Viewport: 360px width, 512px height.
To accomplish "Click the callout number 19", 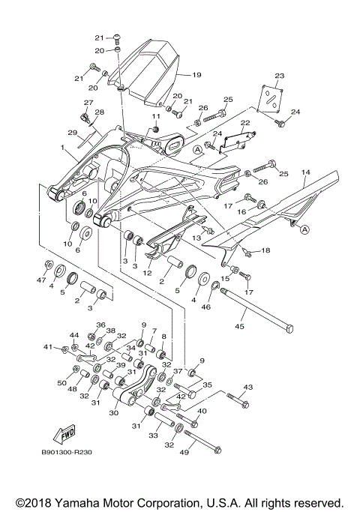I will [x=197, y=75].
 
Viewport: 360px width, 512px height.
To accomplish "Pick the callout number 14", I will [x=305, y=172].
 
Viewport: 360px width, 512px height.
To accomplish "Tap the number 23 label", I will [x=280, y=76].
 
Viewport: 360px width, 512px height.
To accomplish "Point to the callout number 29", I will [x=73, y=133].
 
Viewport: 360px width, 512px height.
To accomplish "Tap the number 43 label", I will [x=249, y=387].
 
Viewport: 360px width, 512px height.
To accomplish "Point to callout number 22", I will [x=244, y=122].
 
